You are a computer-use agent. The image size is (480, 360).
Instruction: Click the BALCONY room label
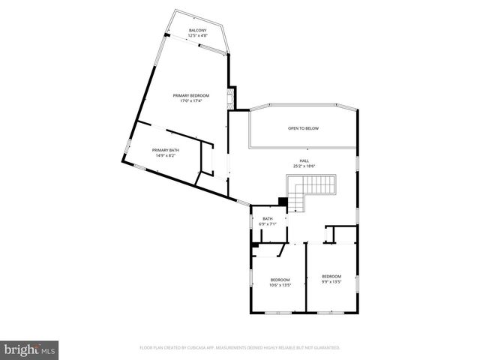(198, 30)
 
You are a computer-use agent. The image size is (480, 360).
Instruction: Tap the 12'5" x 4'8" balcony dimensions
(198, 35)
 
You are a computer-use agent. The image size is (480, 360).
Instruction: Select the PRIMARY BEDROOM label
(190, 95)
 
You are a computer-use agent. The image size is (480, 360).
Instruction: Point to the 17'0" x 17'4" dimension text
(190, 101)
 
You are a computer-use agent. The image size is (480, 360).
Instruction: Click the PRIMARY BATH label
(165, 150)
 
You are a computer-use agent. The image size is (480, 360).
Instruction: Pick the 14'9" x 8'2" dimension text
(165, 156)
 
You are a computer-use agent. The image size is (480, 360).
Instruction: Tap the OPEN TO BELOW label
(303, 128)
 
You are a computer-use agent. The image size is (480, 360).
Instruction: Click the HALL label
(304, 160)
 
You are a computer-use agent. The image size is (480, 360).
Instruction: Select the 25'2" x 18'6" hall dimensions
(304, 166)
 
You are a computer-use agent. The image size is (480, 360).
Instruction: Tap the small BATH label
(268, 218)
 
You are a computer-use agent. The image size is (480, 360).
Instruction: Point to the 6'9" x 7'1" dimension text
(268, 223)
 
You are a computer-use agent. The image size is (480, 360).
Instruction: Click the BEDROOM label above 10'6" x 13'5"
(280, 280)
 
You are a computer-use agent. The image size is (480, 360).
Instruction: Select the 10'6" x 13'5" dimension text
(280, 285)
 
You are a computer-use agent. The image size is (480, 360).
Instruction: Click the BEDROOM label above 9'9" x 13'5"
(331, 276)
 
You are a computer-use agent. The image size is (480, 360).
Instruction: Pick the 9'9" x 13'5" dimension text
(331, 281)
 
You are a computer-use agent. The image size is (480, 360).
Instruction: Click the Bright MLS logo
(29, 349)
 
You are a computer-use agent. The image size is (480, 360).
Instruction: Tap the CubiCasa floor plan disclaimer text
(240, 348)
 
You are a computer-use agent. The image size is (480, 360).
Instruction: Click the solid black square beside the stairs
(282, 201)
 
